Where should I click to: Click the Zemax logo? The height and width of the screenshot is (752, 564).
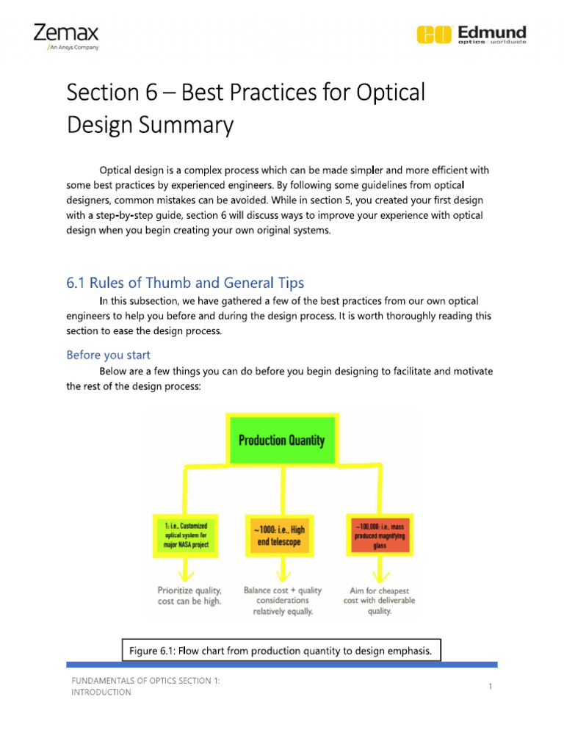point(65,33)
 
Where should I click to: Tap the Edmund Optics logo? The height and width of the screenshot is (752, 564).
point(471,35)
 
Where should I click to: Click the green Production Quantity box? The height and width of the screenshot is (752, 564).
point(282,441)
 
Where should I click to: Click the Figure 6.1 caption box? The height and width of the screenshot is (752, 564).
point(281,650)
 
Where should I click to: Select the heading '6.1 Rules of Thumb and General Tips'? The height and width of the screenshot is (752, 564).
point(185,283)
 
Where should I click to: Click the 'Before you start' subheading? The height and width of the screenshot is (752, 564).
point(108,355)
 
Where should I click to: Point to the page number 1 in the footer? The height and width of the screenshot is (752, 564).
point(488,686)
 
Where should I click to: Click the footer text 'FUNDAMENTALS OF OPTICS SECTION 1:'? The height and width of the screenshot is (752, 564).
point(145,681)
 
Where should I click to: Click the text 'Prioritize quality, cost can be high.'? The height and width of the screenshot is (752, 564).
point(189,596)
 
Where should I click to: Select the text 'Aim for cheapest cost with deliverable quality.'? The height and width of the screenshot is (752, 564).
point(379,600)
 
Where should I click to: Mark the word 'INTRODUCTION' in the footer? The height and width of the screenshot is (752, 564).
point(101,693)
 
